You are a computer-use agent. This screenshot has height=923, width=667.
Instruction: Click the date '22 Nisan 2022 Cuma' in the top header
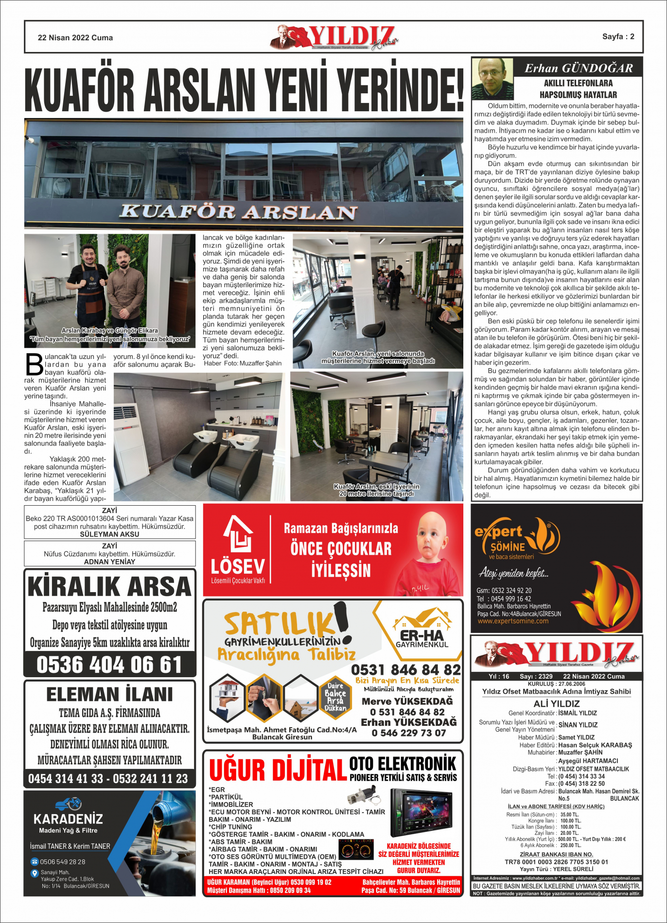75,38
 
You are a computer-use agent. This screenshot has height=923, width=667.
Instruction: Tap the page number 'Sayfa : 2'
618,36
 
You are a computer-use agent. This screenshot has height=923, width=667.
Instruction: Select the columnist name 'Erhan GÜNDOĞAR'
579,68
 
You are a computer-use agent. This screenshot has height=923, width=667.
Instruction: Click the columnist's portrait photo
492,78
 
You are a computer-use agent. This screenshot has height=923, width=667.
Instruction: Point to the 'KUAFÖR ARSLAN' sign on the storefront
239,212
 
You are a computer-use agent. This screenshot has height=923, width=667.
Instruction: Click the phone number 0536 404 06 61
109,665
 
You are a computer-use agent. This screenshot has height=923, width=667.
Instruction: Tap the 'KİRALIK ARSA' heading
109,586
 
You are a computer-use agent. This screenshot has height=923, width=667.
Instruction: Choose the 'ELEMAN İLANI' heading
109,694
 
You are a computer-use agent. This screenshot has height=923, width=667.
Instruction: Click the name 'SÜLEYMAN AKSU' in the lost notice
109,534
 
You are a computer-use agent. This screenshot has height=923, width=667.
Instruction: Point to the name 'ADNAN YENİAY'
109,562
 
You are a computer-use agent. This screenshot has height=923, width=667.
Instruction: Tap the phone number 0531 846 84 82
406,670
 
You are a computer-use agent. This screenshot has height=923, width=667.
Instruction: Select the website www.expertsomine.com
513,621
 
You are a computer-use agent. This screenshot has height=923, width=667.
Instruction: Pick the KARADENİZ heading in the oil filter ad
68,819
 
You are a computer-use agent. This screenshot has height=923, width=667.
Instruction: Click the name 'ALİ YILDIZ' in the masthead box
556,703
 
